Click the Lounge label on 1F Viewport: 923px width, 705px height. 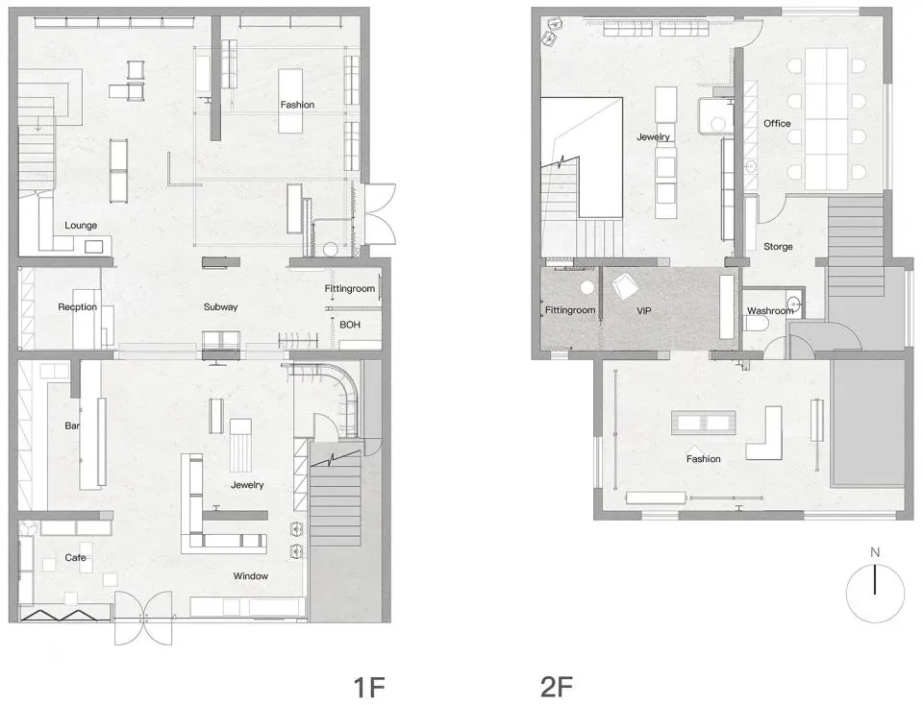coord(81,226)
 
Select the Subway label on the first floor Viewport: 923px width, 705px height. coord(220,307)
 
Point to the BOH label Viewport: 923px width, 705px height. coord(350,326)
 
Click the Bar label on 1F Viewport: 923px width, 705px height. coord(71,425)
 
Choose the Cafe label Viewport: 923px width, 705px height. coord(76,558)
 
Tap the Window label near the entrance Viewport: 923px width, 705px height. coord(250,576)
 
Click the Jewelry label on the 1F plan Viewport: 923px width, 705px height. coord(247,485)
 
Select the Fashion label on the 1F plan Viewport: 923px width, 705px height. coord(297,105)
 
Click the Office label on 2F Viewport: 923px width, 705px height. coord(777,124)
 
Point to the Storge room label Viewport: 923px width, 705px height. coord(778,247)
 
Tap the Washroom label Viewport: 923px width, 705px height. coord(770,311)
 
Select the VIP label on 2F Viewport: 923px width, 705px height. coord(644,312)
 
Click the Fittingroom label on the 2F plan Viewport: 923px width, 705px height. coord(571,311)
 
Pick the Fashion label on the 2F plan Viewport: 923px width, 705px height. coord(703,459)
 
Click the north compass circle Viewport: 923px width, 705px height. coord(875,593)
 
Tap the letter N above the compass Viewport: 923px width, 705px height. coord(875,552)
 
